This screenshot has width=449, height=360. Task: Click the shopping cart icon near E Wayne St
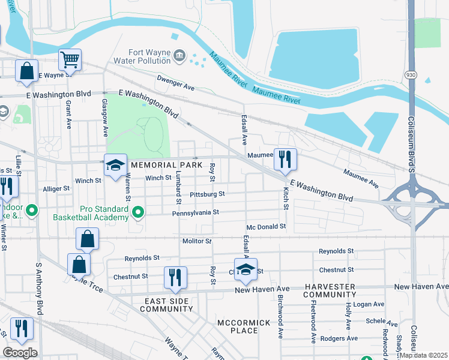point(70,60)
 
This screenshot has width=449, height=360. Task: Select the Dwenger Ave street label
point(176,83)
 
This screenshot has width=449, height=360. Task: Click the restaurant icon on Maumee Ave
point(285,159)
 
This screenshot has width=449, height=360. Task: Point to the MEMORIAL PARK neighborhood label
point(163,165)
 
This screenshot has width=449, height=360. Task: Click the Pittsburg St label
point(206,194)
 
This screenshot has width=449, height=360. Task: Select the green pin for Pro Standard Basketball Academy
point(139,212)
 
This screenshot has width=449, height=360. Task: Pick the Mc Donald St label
point(266,227)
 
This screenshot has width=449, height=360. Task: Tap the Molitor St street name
point(197,241)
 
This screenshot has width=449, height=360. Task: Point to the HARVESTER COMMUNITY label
point(329,291)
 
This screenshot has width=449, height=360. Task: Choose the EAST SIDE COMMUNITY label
point(166,305)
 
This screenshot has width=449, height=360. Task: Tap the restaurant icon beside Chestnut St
point(175,277)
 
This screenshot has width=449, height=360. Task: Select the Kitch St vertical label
point(286,197)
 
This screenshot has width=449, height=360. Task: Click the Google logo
point(20,353)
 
